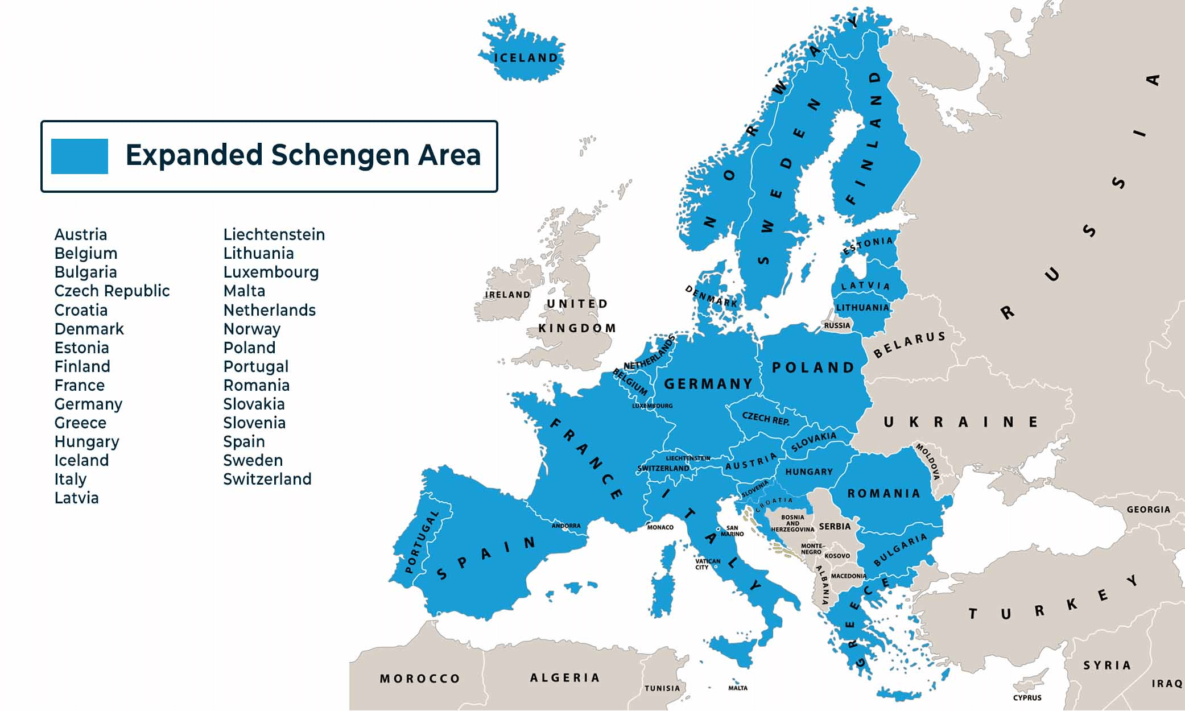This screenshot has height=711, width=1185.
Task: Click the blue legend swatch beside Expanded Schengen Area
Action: click(x=79, y=156)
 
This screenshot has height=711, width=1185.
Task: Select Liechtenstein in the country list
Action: click(x=274, y=234)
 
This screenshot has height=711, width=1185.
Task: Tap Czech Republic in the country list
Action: click(x=112, y=291)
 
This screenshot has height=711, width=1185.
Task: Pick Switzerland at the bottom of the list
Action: click(x=267, y=479)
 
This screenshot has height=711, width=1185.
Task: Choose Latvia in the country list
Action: click(x=76, y=498)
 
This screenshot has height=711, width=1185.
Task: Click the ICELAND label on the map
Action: click(x=526, y=58)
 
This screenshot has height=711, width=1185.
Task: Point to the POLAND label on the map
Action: click(x=813, y=367)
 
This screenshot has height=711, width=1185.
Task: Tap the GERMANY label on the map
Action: click(x=708, y=384)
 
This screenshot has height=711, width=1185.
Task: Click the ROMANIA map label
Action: click(x=883, y=493)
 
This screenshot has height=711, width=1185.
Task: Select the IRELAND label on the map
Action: click(x=507, y=295)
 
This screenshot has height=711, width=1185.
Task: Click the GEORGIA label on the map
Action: click(x=1148, y=510)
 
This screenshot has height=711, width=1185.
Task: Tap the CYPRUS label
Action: click(x=1027, y=697)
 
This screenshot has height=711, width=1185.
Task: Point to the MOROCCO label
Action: click(x=420, y=679)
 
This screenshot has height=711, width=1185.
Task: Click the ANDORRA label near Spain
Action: click(x=566, y=526)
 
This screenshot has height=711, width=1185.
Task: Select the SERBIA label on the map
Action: click(x=835, y=526)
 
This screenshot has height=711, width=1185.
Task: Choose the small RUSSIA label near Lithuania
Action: click(x=837, y=325)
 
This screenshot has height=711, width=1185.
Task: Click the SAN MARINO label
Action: click(x=732, y=531)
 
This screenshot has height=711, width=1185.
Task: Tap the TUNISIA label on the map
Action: click(x=662, y=688)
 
